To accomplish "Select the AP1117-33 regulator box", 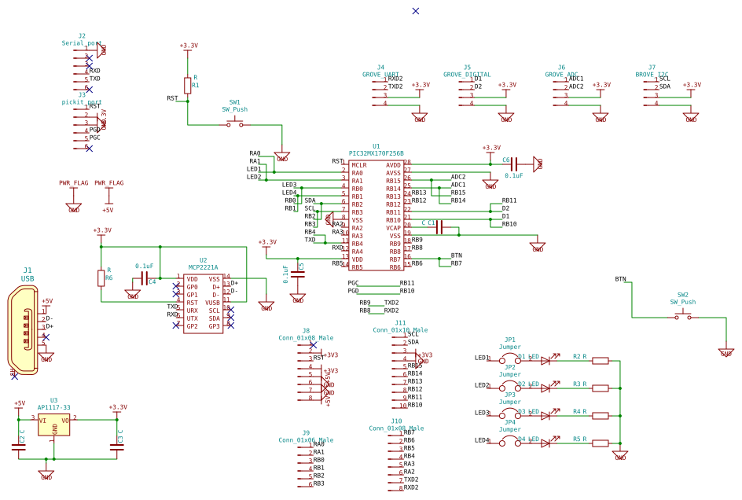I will pyautogui.click(x=53, y=425).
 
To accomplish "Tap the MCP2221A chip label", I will pyautogui.click(x=203, y=267).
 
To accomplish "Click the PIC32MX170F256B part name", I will pyautogui.click(x=376, y=153).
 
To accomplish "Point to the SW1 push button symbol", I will pyautogui.click(x=235, y=124).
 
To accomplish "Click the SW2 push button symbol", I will pyautogui.click(x=683, y=317).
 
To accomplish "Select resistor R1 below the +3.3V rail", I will pyautogui.click(x=187, y=85).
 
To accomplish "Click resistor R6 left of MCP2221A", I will pyautogui.click(x=101, y=278).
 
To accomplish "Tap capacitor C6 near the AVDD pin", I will pyautogui.click(x=513, y=164).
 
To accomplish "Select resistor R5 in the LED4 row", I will pyautogui.click(x=601, y=443).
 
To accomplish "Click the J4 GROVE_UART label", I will pyautogui.click(x=380, y=75).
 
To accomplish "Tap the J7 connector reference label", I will pyautogui.click(x=652, y=68).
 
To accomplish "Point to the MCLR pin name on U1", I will pyautogui.click(x=359, y=165).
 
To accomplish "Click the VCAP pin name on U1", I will pyautogui.click(x=393, y=228).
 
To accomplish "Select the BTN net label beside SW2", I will pyautogui.click(x=620, y=279).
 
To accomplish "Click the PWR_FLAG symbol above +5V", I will pyautogui.click(x=108, y=183).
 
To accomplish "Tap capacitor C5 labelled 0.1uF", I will pyautogui.click(x=298, y=274).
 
